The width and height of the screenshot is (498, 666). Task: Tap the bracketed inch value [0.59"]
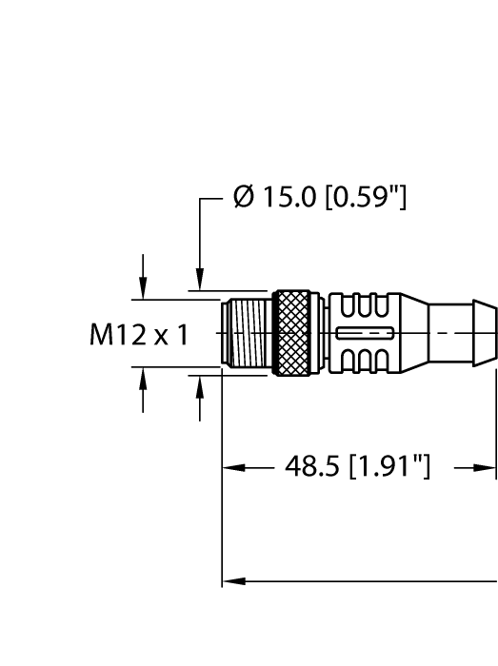point(366,200)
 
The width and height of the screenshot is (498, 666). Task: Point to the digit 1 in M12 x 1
point(181,335)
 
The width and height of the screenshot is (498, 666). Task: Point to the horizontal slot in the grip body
point(366,333)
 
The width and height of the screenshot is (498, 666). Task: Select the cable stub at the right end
point(463,333)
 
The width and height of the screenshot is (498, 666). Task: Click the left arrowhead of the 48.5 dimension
point(229,468)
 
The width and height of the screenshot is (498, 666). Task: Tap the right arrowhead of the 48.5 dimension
point(488,468)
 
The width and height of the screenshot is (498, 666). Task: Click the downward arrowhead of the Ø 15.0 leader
point(200,283)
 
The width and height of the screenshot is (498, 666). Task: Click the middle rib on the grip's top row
point(366,308)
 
